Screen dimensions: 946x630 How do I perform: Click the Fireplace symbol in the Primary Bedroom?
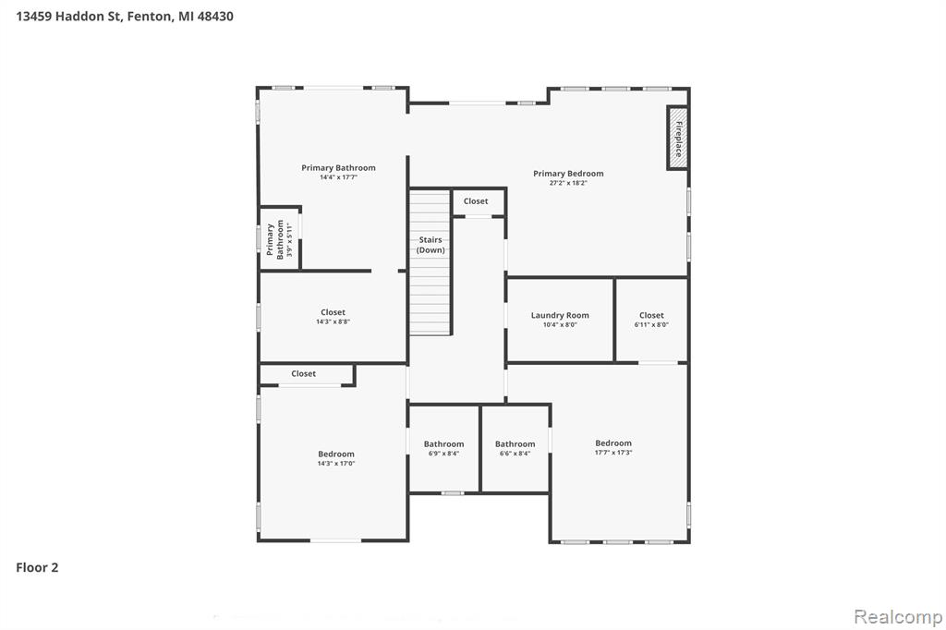tap(677, 139)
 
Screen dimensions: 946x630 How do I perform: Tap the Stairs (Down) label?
tap(431, 245)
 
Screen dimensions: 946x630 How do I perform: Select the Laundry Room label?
tap(560, 315)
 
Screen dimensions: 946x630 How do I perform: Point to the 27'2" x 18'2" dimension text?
tap(568, 183)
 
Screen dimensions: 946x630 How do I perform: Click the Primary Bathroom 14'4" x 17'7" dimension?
tap(338, 177)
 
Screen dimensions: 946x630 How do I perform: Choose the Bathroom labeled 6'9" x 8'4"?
tap(444, 448)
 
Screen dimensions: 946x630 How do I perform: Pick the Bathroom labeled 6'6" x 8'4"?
tap(515, 448)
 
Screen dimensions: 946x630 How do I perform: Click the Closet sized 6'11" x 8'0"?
tap(651, 320)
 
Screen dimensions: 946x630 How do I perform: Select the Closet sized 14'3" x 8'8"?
tap(333, 317)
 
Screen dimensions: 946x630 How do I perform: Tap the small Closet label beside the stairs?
tap(476, 201)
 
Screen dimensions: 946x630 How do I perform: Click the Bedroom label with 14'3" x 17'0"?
tap(336, 458)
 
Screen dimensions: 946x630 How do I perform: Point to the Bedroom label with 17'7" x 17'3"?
tap(613, 447)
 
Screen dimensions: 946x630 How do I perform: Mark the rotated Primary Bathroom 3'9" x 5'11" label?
tap(279, 239)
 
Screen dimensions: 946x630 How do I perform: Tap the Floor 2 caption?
tap(37, 567)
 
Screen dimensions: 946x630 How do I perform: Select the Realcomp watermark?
tap(898, 617)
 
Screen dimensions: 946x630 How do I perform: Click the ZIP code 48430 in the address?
tap(215, 17)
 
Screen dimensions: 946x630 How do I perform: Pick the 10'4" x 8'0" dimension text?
tap(560, 324)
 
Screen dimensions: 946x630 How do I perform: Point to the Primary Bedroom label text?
tap(568, 173)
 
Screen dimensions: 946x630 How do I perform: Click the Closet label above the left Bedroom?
tap(303, 373)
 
